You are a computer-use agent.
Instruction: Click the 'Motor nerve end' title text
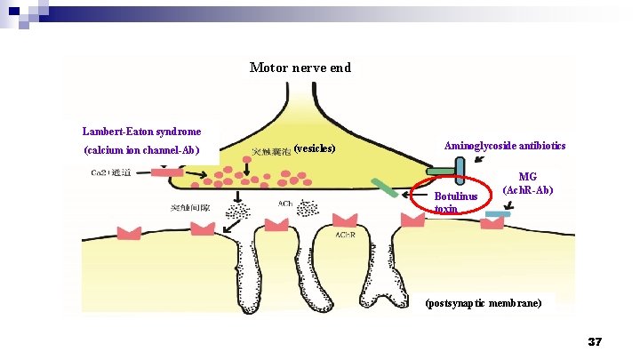pyautogui.click(x=300, y=68)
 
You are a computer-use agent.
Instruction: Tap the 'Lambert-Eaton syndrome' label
pyautogui.click(x=141, y=132)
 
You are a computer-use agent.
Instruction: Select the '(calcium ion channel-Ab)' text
pyautogui.click(x=141, y=149)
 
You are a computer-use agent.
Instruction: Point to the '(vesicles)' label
pyautogui.click(x=314, y=148)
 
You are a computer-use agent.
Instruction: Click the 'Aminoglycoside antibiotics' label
pyautogui.click(x=505, y=146)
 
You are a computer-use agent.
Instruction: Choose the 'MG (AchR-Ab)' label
pyautogui.click(x=528, y=184)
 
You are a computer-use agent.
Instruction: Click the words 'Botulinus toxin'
pyautogui.click(x=456, y=202)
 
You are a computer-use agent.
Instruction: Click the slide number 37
pyautogui.click(x=595, y=342)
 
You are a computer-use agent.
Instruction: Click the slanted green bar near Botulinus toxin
pyautogui.click(x=385, y=189)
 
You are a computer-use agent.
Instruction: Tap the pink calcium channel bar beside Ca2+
pyautogui.click(x=165, y=172)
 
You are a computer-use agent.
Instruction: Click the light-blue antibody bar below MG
pyautogui.click(x=498, y=214)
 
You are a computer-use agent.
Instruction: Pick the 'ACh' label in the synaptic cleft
pyautogui.click(x=285, y=204)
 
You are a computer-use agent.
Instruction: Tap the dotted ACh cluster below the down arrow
pyautogui.click(x=238, y=210)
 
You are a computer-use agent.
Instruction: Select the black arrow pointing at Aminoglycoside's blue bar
pyautogui.click(x=480, y=160)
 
